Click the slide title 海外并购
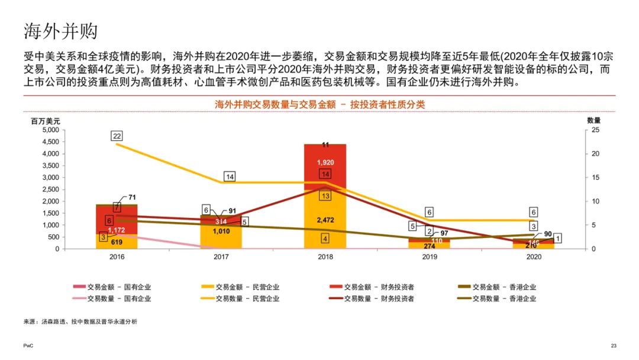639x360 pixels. coord(60,30)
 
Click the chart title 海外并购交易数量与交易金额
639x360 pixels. coord(319,104)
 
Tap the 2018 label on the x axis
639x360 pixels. coord(325,258)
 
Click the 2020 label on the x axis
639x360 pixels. coord(534,258)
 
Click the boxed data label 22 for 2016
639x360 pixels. coord(117,136)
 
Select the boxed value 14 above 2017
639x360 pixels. coord(230,176)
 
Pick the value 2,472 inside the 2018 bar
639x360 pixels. coord(325,220)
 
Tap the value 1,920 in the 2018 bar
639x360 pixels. coord(325,162)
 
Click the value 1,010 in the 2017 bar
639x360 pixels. coord(221,232)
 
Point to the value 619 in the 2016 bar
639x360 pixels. coord(117,242)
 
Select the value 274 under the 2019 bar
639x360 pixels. coord(429,245)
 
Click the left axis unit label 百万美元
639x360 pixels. coord(46,120)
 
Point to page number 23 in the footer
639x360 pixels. coord(614,345)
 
